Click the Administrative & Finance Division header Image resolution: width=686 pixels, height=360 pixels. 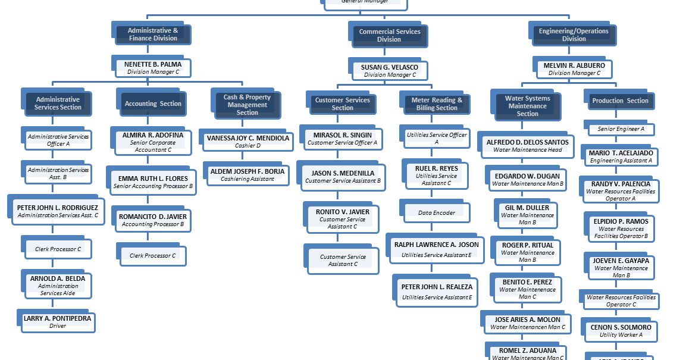coord(152,35)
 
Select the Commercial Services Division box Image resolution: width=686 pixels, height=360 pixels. coord(389,36)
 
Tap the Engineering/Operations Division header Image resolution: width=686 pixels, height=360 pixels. coord(574,35)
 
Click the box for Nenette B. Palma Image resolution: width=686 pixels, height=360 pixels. coord(152,68)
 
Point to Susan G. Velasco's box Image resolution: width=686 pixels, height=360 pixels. coord(390,71)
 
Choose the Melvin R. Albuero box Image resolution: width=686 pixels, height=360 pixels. coord(574,69)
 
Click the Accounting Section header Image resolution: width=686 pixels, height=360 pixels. coord(153,104)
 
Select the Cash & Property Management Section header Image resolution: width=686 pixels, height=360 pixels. coord(247,105)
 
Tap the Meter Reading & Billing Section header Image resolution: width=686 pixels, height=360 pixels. coord(437,104)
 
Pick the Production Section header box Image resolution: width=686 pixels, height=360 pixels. coord(620,101)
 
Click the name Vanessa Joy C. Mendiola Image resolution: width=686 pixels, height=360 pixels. coord(248,138)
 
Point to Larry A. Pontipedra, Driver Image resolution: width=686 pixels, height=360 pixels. coord(58,322)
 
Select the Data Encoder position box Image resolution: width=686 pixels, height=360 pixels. coord(437,212)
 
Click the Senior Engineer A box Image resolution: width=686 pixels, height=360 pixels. coord(621,129)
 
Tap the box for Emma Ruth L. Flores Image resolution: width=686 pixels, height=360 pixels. coord(153,182)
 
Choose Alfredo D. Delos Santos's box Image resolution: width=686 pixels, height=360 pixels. coord(527,146)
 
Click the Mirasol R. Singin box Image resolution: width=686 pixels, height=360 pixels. coord(342,139)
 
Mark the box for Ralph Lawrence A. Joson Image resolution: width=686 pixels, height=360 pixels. coord(437,249)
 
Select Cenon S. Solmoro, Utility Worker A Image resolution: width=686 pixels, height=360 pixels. coord(621,331)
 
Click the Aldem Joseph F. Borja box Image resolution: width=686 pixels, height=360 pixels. coord(248,174)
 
